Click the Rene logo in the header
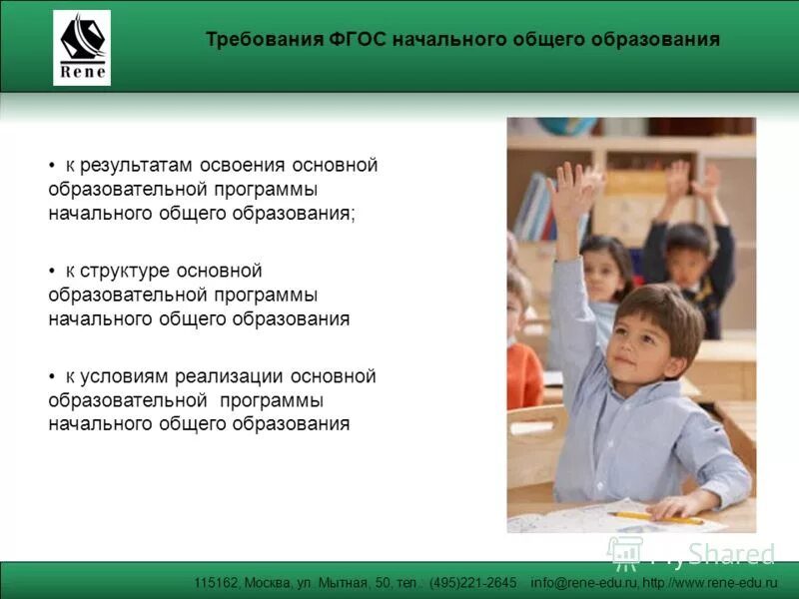[82, 48]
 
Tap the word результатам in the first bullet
[137, 166]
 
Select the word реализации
[231, 376]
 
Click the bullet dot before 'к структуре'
[52, 272]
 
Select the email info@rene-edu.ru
[583, 582]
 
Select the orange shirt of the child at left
[523, 374]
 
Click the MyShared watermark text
[713, 553]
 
